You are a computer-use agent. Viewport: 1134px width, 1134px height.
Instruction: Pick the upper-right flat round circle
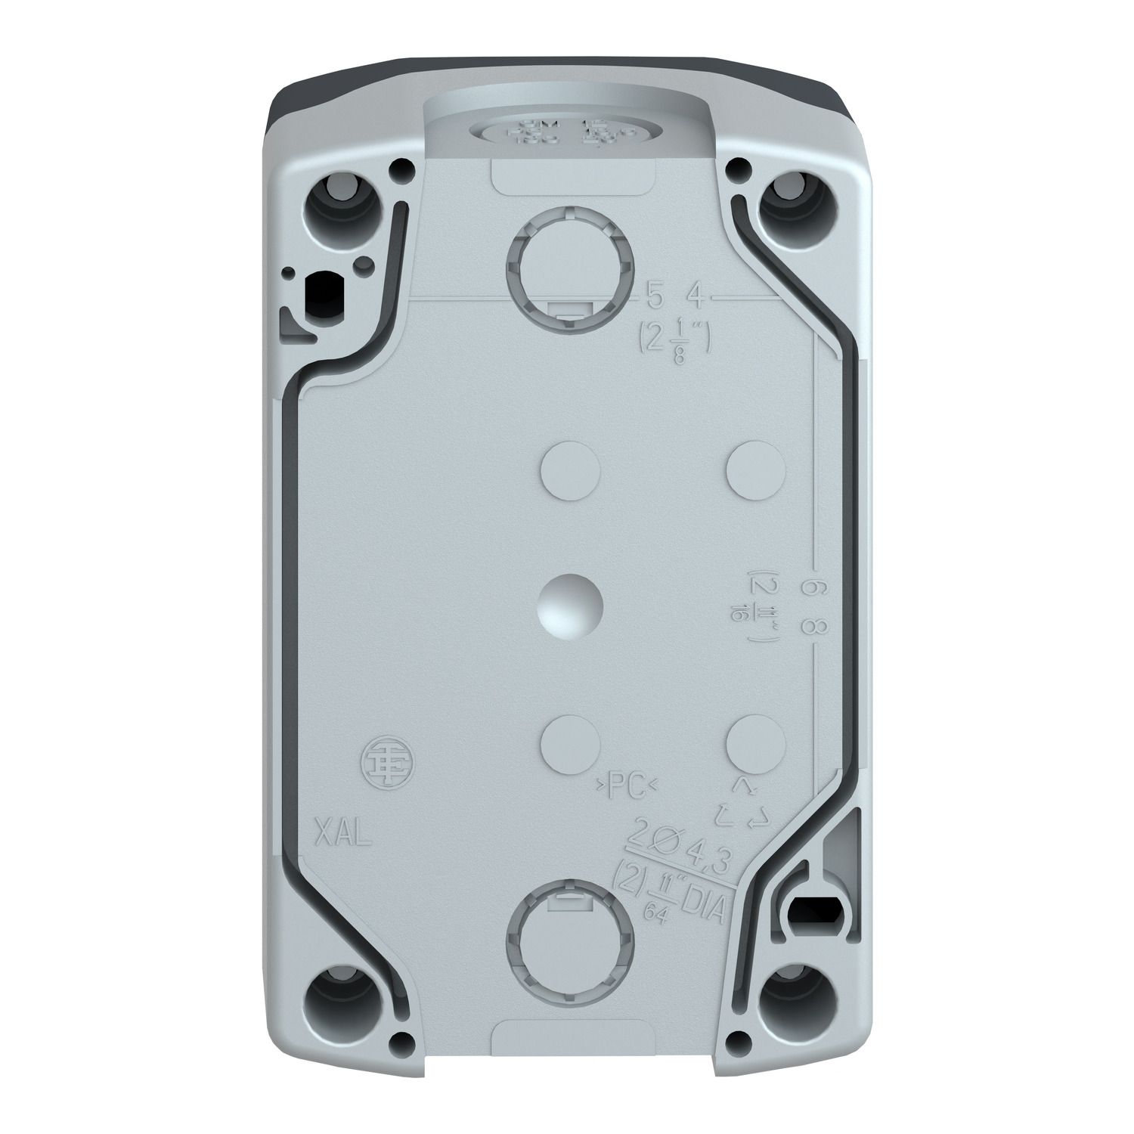click(755, 470)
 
